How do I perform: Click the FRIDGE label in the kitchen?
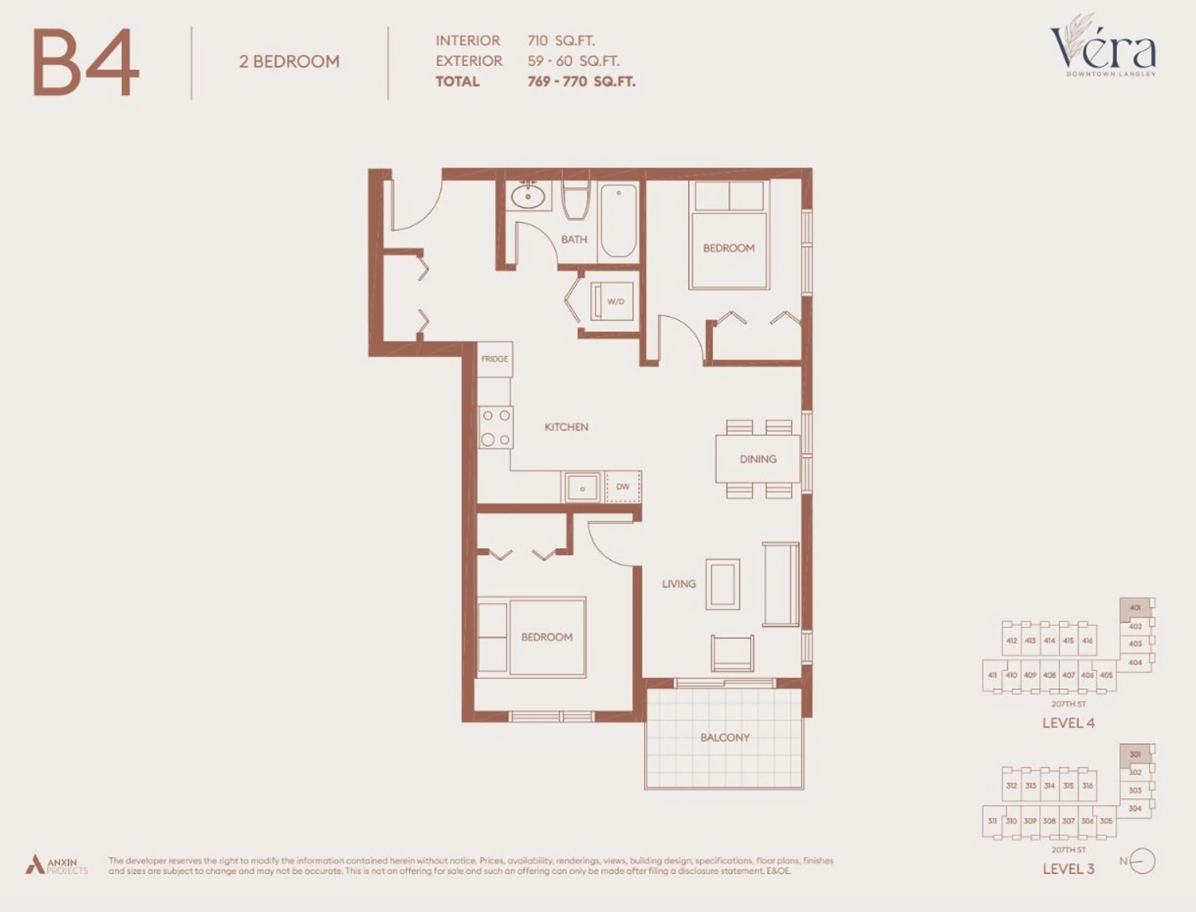(494, 359)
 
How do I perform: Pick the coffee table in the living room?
(722, 585)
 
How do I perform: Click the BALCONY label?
(724, 737)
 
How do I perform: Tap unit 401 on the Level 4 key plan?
(1135, 608)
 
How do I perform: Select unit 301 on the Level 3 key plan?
(1135, 754)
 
